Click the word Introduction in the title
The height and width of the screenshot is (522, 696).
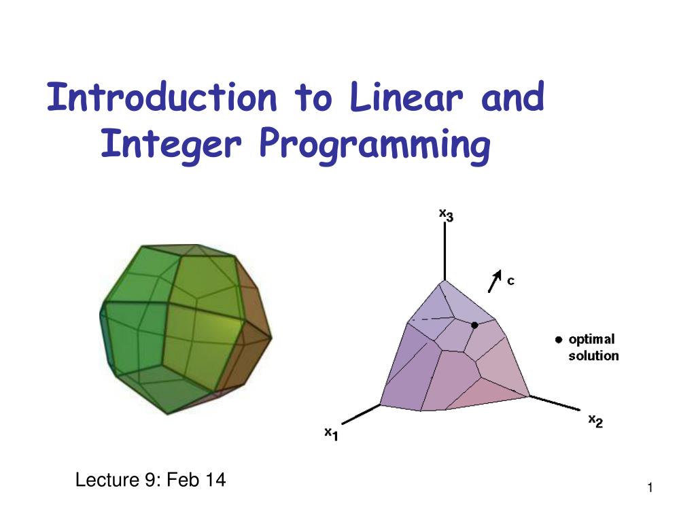(x=162, y=99)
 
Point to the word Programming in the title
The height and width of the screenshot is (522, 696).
(x=375, y=145)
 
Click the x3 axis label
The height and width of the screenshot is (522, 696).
(x=446, y=215)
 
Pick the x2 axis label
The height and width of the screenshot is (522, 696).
(x=595, y=422)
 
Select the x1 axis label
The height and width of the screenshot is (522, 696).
(x=331, y=433)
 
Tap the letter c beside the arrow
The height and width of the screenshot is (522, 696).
(x=510, y=281)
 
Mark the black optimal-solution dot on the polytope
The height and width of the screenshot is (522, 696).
(x=474, y=325)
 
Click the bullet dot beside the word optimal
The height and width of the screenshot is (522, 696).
(x=558, y=339)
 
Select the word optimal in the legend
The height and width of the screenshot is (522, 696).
(x=591, y=340)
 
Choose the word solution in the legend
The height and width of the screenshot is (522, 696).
(x=593, y=355)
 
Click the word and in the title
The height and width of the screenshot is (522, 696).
(x=512, y=99)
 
